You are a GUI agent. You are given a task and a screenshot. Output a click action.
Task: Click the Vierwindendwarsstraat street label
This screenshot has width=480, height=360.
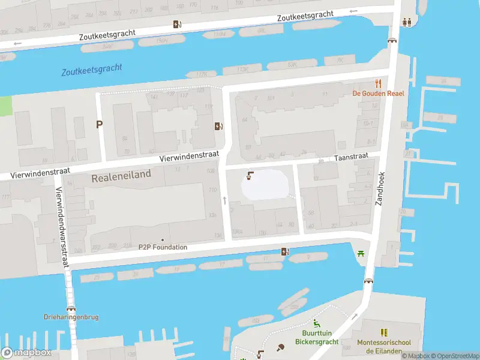click(62, 225)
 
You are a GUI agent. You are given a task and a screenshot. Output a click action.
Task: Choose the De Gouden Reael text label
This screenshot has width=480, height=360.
click(378, 93)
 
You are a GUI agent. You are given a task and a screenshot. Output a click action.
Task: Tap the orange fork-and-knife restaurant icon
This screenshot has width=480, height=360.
click(379, 83)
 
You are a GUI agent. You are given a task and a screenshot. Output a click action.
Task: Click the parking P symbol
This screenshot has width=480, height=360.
click(100, 124)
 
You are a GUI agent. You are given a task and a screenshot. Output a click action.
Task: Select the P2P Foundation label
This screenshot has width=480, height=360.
click(163, 247)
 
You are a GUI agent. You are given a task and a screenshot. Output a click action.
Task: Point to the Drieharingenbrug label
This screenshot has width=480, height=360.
click(71, 317)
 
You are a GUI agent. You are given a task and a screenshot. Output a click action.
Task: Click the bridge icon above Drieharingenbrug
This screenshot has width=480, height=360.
click(71, 307)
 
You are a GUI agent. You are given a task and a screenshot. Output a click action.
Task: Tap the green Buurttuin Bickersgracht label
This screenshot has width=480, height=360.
click(316, 338)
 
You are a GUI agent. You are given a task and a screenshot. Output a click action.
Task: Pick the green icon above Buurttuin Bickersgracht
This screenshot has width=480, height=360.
click(316, 324)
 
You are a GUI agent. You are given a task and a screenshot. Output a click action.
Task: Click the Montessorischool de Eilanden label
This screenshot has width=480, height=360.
click(383, 347)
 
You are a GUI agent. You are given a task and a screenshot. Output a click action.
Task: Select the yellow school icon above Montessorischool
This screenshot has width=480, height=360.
click(383, 332)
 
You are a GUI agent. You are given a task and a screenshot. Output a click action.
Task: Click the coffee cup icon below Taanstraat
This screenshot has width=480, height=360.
click(250, 176)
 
